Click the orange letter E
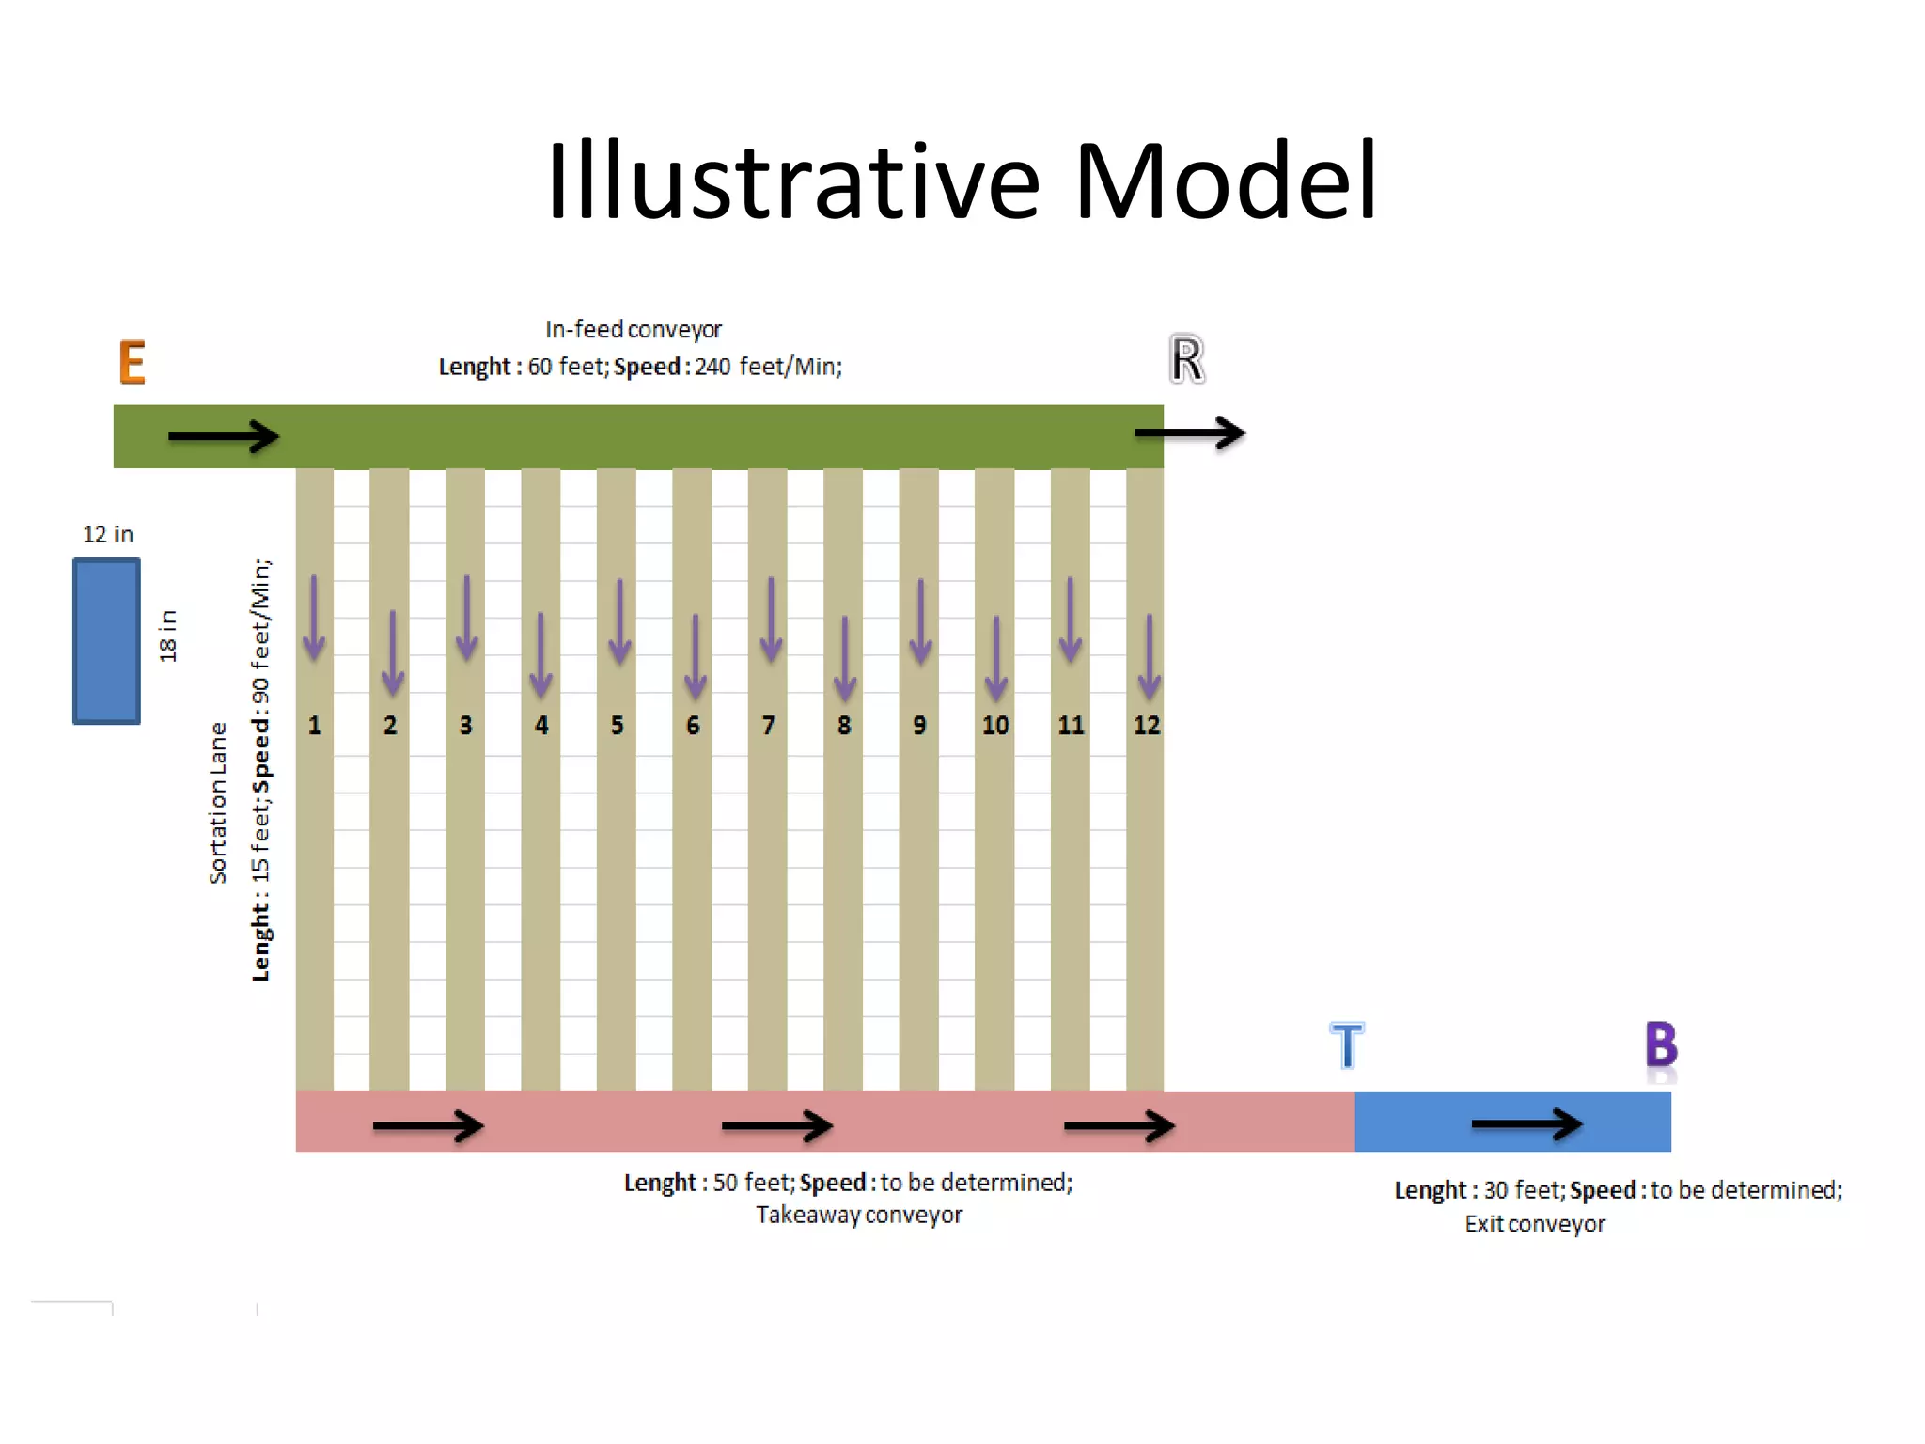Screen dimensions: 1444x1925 [133, 362]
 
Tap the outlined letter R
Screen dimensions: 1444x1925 [1187, 359]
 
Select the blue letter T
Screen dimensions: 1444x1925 [1347, 1045]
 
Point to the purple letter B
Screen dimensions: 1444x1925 [1661, 1044]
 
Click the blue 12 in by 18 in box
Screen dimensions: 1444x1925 [107, 641]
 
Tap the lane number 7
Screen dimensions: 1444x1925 [768, 725]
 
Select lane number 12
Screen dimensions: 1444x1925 [1146, 725]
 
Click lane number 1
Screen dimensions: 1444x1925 [314, 725]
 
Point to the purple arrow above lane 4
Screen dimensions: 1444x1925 [540, 655]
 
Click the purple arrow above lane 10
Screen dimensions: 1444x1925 [996, 658]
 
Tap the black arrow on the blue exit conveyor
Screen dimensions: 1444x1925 [1526, 1123]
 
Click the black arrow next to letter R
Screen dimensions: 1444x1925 [1189, 433]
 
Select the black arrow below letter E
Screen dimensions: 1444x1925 [224, 436]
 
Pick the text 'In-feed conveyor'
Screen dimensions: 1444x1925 [634, 330]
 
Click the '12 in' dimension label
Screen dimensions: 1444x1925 [108, 535]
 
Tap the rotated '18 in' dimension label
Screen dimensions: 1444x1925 [168, 636]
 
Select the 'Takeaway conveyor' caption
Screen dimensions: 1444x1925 [859, 1216]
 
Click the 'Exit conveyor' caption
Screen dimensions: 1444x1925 [1535, 1224]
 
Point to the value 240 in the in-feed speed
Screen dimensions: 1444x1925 [712, 367]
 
